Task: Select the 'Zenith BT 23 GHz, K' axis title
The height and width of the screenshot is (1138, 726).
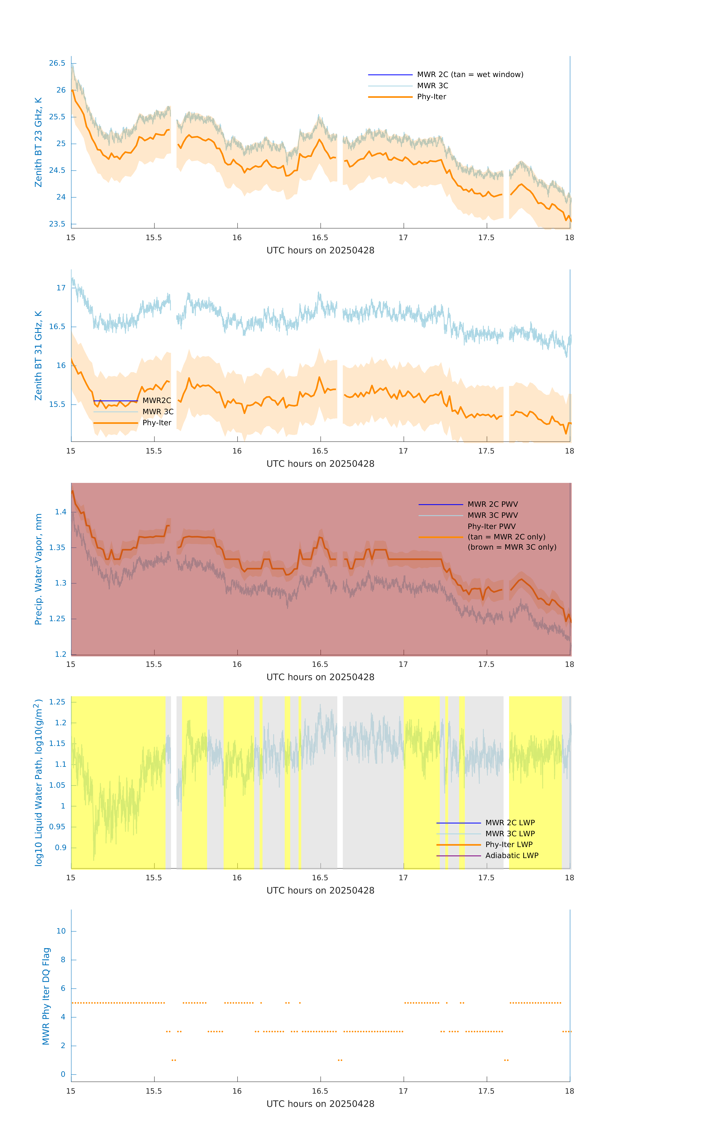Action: pyautogui.click(x=38, y=142)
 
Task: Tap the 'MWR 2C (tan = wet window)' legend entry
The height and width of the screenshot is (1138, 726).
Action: pyautogui.click(x=470, y=75)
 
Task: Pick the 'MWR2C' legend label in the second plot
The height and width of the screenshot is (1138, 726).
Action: pyautogui.click(x=157, y=401)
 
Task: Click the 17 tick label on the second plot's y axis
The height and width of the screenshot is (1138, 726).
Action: pyautogui.click(x=61, y=288)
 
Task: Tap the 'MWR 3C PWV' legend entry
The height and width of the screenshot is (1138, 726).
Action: pyautogui.click(x=492, y=516)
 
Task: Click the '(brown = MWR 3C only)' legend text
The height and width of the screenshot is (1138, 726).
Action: pyautogui.click(x=512, y=547)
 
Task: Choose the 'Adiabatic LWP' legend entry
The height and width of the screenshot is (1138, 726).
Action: pyautogui.click(x=511, y=856)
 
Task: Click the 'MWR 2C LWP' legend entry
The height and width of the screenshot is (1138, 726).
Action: pyautogui.click(x=510, y=823)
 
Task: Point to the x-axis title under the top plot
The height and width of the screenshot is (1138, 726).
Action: pyautogui.click(x=320, y=251)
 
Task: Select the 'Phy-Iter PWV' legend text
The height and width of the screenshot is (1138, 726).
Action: pyautogui.click(x=491, y=527)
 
